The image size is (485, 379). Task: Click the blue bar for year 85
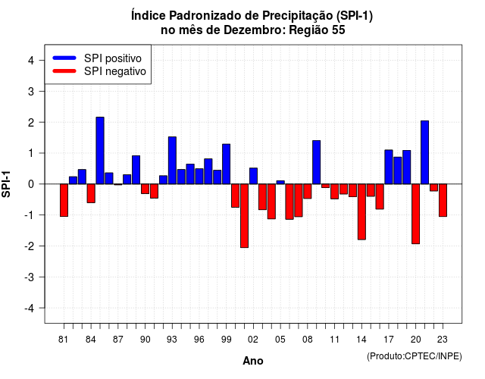point(100,150)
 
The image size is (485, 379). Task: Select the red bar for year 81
point(64,200)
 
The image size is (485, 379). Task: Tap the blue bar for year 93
point(172,160)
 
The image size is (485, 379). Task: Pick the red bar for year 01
point(244,215)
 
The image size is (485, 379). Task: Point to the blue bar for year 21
point(424,152)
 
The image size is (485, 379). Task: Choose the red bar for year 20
point(416,214)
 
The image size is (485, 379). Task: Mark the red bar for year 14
point(361,211)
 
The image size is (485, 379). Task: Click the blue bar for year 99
point(227,164)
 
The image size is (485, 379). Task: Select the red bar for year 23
point(443,200)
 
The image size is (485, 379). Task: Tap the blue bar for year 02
point(253,176)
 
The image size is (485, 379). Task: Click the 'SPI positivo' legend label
point(113,58)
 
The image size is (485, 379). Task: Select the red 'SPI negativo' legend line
point(64,71)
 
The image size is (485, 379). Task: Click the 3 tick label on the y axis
point(31,91)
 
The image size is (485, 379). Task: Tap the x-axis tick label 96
point(199,340)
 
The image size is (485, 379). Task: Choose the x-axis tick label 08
point(308,340)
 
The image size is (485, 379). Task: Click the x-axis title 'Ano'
point(253,361)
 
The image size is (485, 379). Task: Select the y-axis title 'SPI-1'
point(6,184)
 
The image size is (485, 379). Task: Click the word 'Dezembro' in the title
point(255,30)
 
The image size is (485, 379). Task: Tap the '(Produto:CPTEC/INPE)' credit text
point(415,356)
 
